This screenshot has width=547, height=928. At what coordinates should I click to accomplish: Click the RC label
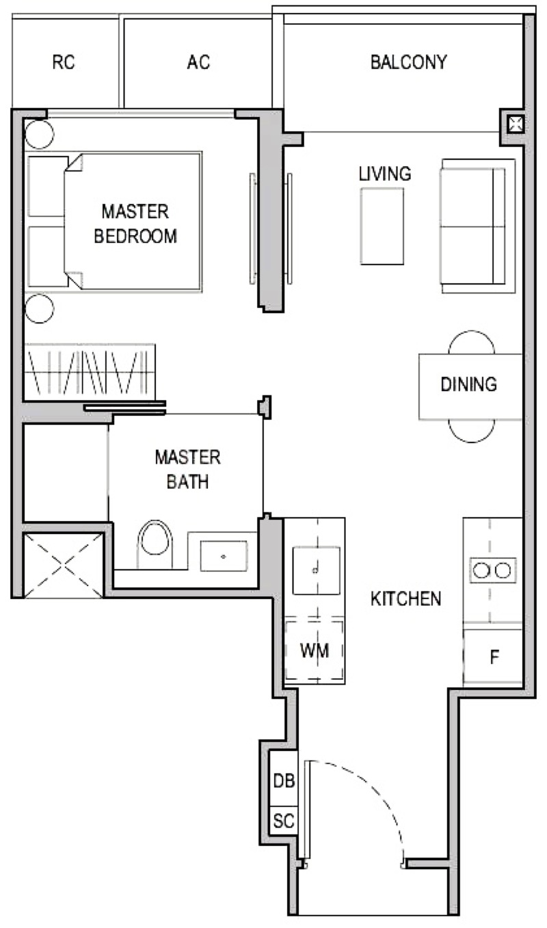[64, 62]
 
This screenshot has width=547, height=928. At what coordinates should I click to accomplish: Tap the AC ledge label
[198, 62]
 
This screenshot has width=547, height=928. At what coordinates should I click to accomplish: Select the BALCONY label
[409, 62]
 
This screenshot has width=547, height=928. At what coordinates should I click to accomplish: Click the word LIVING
[385, 174]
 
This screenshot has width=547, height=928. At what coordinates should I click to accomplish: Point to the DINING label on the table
[469, 384]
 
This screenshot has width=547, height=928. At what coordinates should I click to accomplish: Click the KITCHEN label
[405, 599]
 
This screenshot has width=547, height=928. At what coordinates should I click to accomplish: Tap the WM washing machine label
[315, 651]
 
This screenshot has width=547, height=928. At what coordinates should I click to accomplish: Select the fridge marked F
[492, 657]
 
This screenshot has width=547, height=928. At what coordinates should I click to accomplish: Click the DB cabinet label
[284, 780]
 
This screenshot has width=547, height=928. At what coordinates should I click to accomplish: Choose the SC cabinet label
[284, 820]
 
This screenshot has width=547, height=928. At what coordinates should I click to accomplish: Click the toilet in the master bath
[155, 544]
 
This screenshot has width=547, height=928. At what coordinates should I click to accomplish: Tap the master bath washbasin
[224, 556]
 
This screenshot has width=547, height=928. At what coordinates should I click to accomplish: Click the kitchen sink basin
[317, 570]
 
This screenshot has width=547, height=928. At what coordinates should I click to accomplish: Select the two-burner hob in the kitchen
[493, 570]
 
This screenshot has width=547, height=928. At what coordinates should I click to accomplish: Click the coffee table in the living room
[382, 226]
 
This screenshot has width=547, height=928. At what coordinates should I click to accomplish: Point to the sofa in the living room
[478, 226]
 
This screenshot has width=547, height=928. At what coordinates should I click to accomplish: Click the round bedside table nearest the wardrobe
[40, 308]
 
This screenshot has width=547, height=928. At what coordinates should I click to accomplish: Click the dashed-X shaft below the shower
[64, 566]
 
